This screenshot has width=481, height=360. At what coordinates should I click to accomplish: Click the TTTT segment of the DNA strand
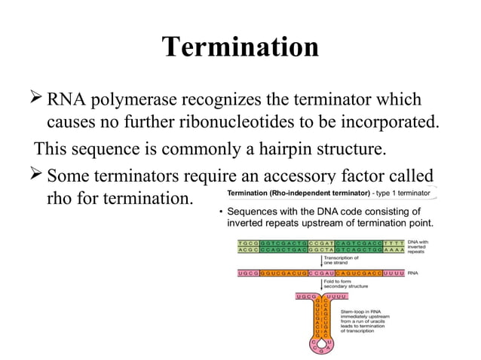tap(392, 244)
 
